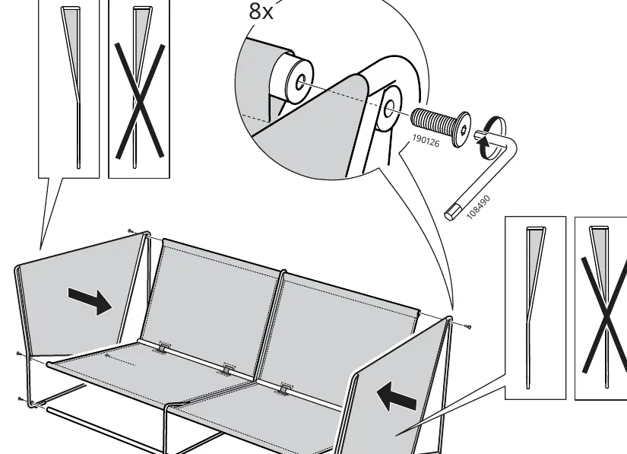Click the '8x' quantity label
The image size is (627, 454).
261,11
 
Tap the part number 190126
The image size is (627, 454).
426,141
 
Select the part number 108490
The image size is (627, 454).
478,207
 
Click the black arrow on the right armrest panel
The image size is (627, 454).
397,396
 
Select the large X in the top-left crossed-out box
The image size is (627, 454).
140,101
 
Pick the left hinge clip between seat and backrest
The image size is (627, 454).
162,348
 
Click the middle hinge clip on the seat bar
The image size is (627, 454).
227,370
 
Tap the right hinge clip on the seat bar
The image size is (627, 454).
285,389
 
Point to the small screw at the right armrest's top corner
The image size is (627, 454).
468,327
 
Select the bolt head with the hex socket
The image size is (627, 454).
461,129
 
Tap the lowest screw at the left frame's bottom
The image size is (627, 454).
21,398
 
